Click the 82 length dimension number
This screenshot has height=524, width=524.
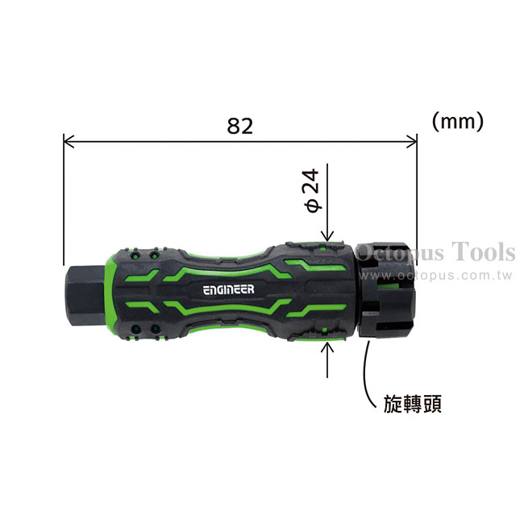(240, 126)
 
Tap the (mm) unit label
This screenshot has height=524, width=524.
(458, 121)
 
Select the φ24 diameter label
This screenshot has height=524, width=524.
(313, 190)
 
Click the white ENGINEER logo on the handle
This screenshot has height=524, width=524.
(229, 289)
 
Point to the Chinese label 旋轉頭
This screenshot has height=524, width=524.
(413, 404)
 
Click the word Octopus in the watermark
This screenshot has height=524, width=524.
(401, 253)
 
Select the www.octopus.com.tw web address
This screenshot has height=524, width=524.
(435, 276)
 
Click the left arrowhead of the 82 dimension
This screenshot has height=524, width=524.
(68, 141)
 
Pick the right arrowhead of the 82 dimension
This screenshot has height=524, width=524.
(413, 141)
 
